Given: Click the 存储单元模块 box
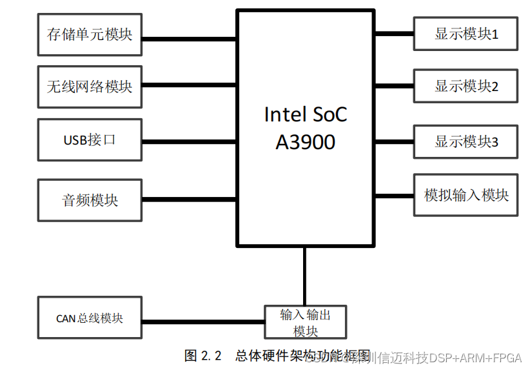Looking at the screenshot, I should pyautogui.click(x=90, y=34).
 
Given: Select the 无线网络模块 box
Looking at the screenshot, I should pyautogui.click(x=90, y=86).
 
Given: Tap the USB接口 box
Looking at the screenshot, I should pyautogui.click(x=90, y=139).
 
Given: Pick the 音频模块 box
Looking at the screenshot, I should pyautogui.click(x=90, y=200).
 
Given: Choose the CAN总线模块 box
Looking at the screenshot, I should pyautogui.click(x=90, y=318).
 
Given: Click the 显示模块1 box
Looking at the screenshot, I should pyautogui.click(x=466, y=34).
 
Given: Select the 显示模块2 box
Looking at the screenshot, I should pyautogui.click(x=466, y=86).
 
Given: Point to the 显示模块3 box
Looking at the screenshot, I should pyautogui.click(x=466, y=141).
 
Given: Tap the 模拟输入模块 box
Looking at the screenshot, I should pyautogui.click(x=466, y=195).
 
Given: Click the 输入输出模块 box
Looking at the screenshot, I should pyautogui.click(x=306, y=322).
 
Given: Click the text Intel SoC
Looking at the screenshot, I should pyautogui.click(x=305, y=114).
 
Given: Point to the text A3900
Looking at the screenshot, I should pyautogui.click(x=305, y=141).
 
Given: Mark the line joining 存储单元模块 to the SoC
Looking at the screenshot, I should pyautogui.click(x=189, y=37).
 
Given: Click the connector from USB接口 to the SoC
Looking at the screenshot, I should pyautogui.click(x=189, y=141).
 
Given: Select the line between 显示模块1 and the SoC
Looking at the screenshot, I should pyautogui.click(x=394, y=32).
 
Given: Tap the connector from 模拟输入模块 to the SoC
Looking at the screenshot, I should pyautogui.click(x=394, y=195).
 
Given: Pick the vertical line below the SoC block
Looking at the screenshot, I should pyautogui.click(x=304, y=275).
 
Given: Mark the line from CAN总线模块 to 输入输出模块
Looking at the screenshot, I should pyautogui.click(x=203, y=321).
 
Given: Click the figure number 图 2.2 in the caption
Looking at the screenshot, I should pyautogui.click(x=202, y=356).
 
